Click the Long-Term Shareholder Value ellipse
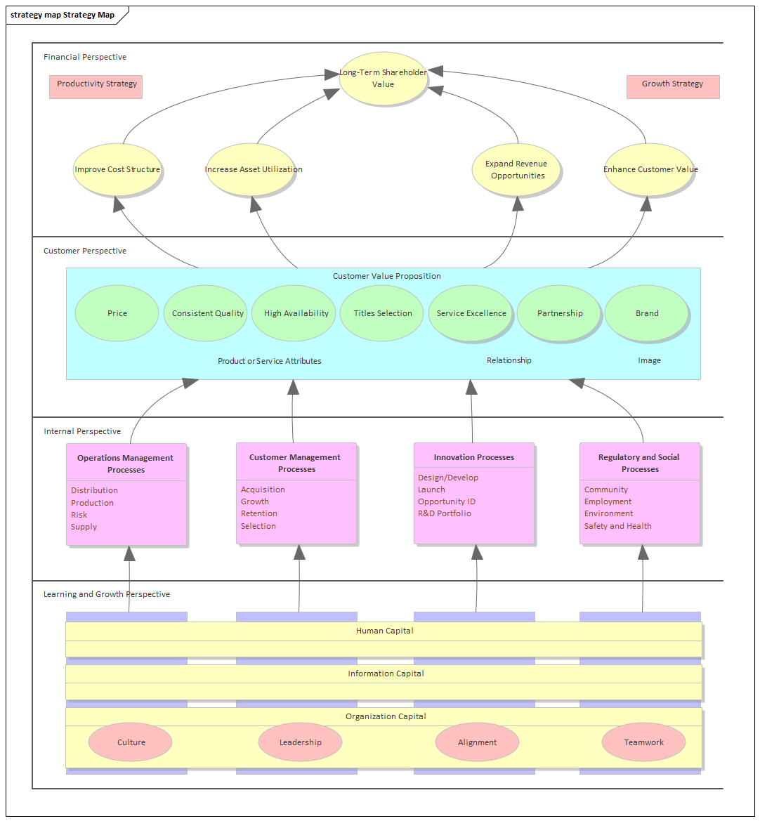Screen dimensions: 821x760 click(383, 79)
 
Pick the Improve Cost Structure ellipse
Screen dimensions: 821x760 click(117, 169)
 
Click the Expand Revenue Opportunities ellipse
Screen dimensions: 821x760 click(517, 170)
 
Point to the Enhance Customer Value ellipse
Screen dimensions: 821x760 click(650, 169)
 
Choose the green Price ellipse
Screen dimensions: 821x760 click(117, 313)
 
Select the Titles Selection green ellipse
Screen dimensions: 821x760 click(383, 313)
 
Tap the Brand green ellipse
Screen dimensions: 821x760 click(647, 313)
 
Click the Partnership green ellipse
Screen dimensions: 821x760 click(560, 313)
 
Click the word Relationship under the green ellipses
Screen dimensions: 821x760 click(509, 360)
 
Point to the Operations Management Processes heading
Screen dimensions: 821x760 click(126, 464)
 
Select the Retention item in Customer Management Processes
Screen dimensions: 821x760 click(259, 513)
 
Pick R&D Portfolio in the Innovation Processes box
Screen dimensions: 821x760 click(445, 513)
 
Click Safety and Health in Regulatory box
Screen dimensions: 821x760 click(618, 526)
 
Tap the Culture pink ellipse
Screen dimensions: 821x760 click(131, 742)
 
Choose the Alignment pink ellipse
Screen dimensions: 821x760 click(477, 742)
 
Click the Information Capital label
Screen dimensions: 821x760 click(386, 674)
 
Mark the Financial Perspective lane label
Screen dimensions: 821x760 click(85, 57)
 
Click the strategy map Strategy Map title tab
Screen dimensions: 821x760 click(63, 15)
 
